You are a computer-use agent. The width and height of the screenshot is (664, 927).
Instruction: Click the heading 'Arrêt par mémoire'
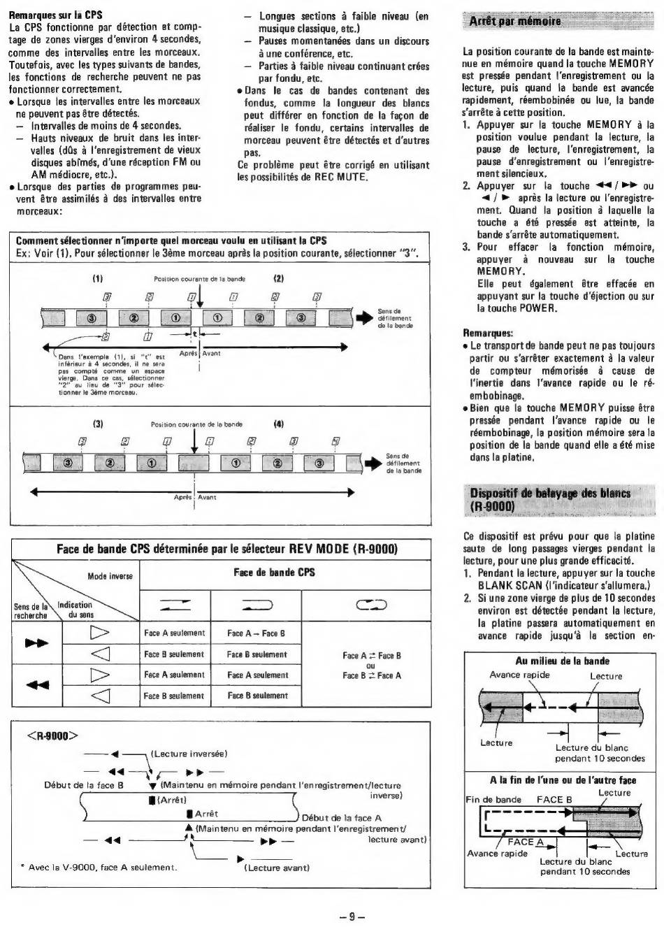pos(515,22)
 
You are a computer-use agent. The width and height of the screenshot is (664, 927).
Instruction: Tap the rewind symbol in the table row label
pos(36,685)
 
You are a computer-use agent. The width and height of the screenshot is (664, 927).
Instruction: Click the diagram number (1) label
pos(98,278)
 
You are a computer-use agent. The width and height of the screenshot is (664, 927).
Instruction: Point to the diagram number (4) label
pos(279,423)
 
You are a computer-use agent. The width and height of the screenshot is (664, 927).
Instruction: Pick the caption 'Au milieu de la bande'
pos(562,661)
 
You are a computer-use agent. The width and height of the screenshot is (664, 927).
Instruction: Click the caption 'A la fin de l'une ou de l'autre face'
pos(562,780)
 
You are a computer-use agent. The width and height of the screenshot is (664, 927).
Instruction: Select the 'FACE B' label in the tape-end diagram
pos(554,799)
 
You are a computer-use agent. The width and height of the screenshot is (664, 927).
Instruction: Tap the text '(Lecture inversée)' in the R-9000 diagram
pos(189,754)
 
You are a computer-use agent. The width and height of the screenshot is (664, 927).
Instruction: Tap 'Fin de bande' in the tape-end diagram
pos(493,799)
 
